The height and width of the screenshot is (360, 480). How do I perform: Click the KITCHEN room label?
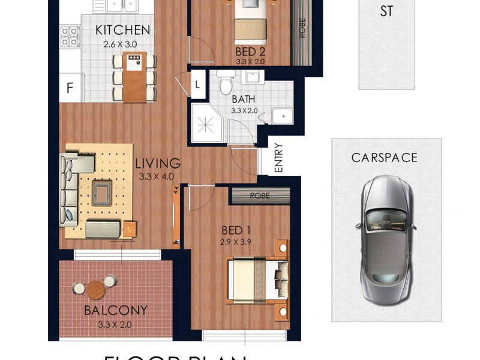[x=122, y=30]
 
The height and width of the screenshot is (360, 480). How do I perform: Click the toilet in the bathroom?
[x=226, y=83]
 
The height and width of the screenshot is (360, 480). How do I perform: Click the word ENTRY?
[x=278, y=157]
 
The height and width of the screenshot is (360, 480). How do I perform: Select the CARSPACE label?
[x=384, y=158]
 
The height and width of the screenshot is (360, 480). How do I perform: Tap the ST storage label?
[x=387, y=12]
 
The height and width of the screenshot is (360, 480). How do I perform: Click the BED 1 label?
[x=236, y=231]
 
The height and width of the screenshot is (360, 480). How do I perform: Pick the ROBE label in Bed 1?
[x=260, y=196]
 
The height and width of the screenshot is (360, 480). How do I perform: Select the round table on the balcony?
[x=95, y=290]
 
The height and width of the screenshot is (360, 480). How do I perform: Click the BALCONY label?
[x=116, y=311]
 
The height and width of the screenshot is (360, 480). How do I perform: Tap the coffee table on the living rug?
[x=100, y=193]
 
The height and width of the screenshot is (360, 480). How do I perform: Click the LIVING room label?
[x=157, y=163]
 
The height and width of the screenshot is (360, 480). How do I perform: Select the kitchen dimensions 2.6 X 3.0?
[x=121, y=44]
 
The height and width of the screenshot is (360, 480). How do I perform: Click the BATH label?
[x=243, y=100]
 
